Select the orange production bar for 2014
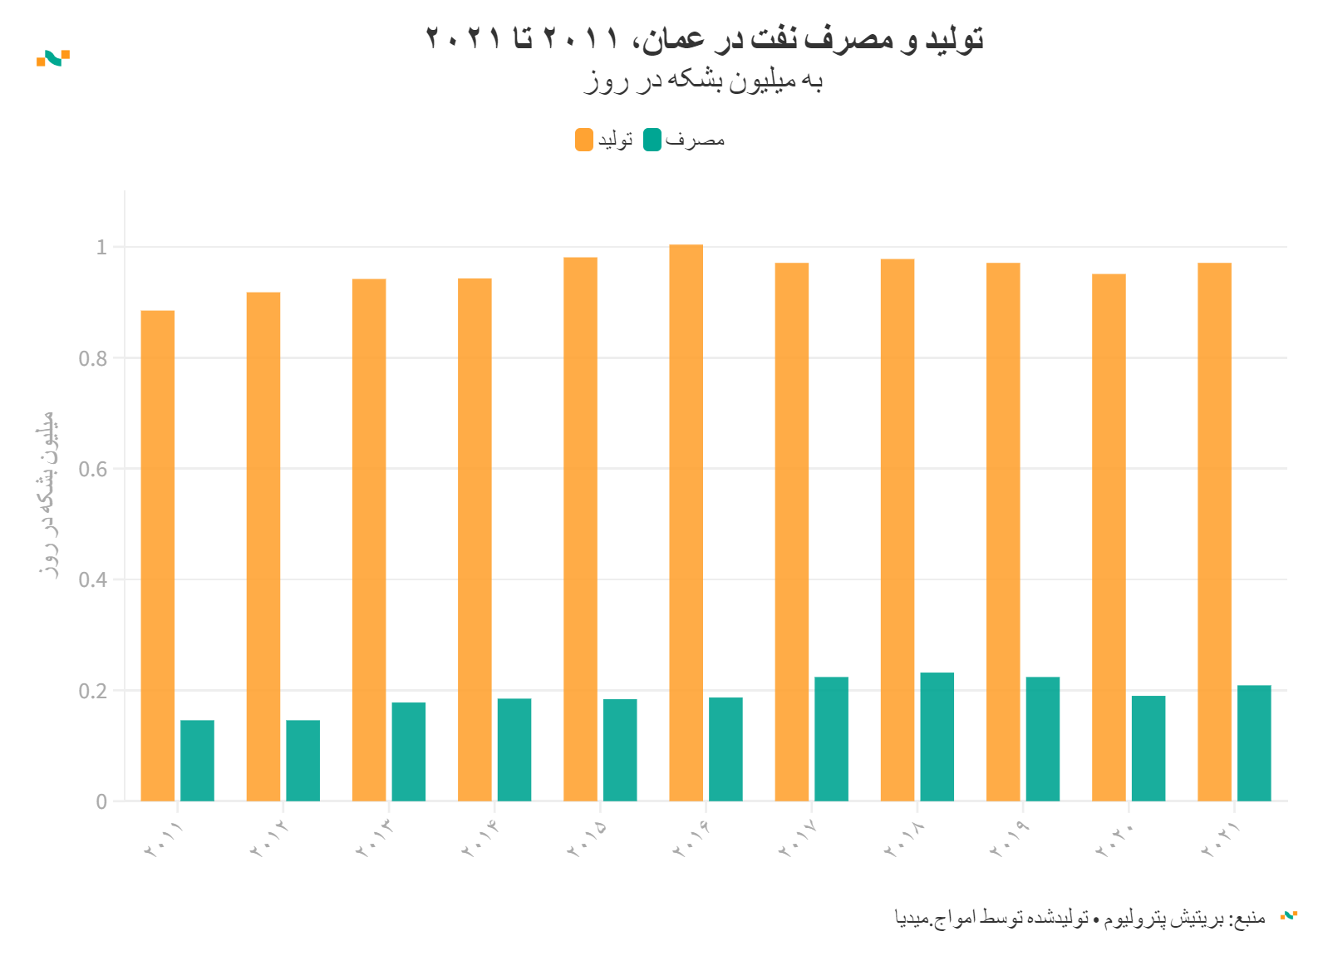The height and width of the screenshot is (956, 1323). (x=475, y=540)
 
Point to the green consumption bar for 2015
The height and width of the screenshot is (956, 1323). (x=620, y=750)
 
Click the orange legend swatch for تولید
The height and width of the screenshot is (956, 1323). (x=584, y=140)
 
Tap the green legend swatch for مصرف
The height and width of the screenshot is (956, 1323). (x=652, y=140)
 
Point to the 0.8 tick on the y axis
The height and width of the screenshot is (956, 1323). (x=93, y=358)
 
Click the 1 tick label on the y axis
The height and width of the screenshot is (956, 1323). (x=101, y=247)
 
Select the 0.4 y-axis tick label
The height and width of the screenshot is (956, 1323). (x=93, y=579)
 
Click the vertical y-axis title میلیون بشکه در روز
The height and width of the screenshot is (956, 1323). (x=48, y=494)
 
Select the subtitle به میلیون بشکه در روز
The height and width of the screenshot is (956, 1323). (x=704, y=81)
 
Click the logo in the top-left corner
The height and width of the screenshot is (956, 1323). (x=53, y=58)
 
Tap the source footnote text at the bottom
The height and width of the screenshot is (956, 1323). (x=1080, y=918)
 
